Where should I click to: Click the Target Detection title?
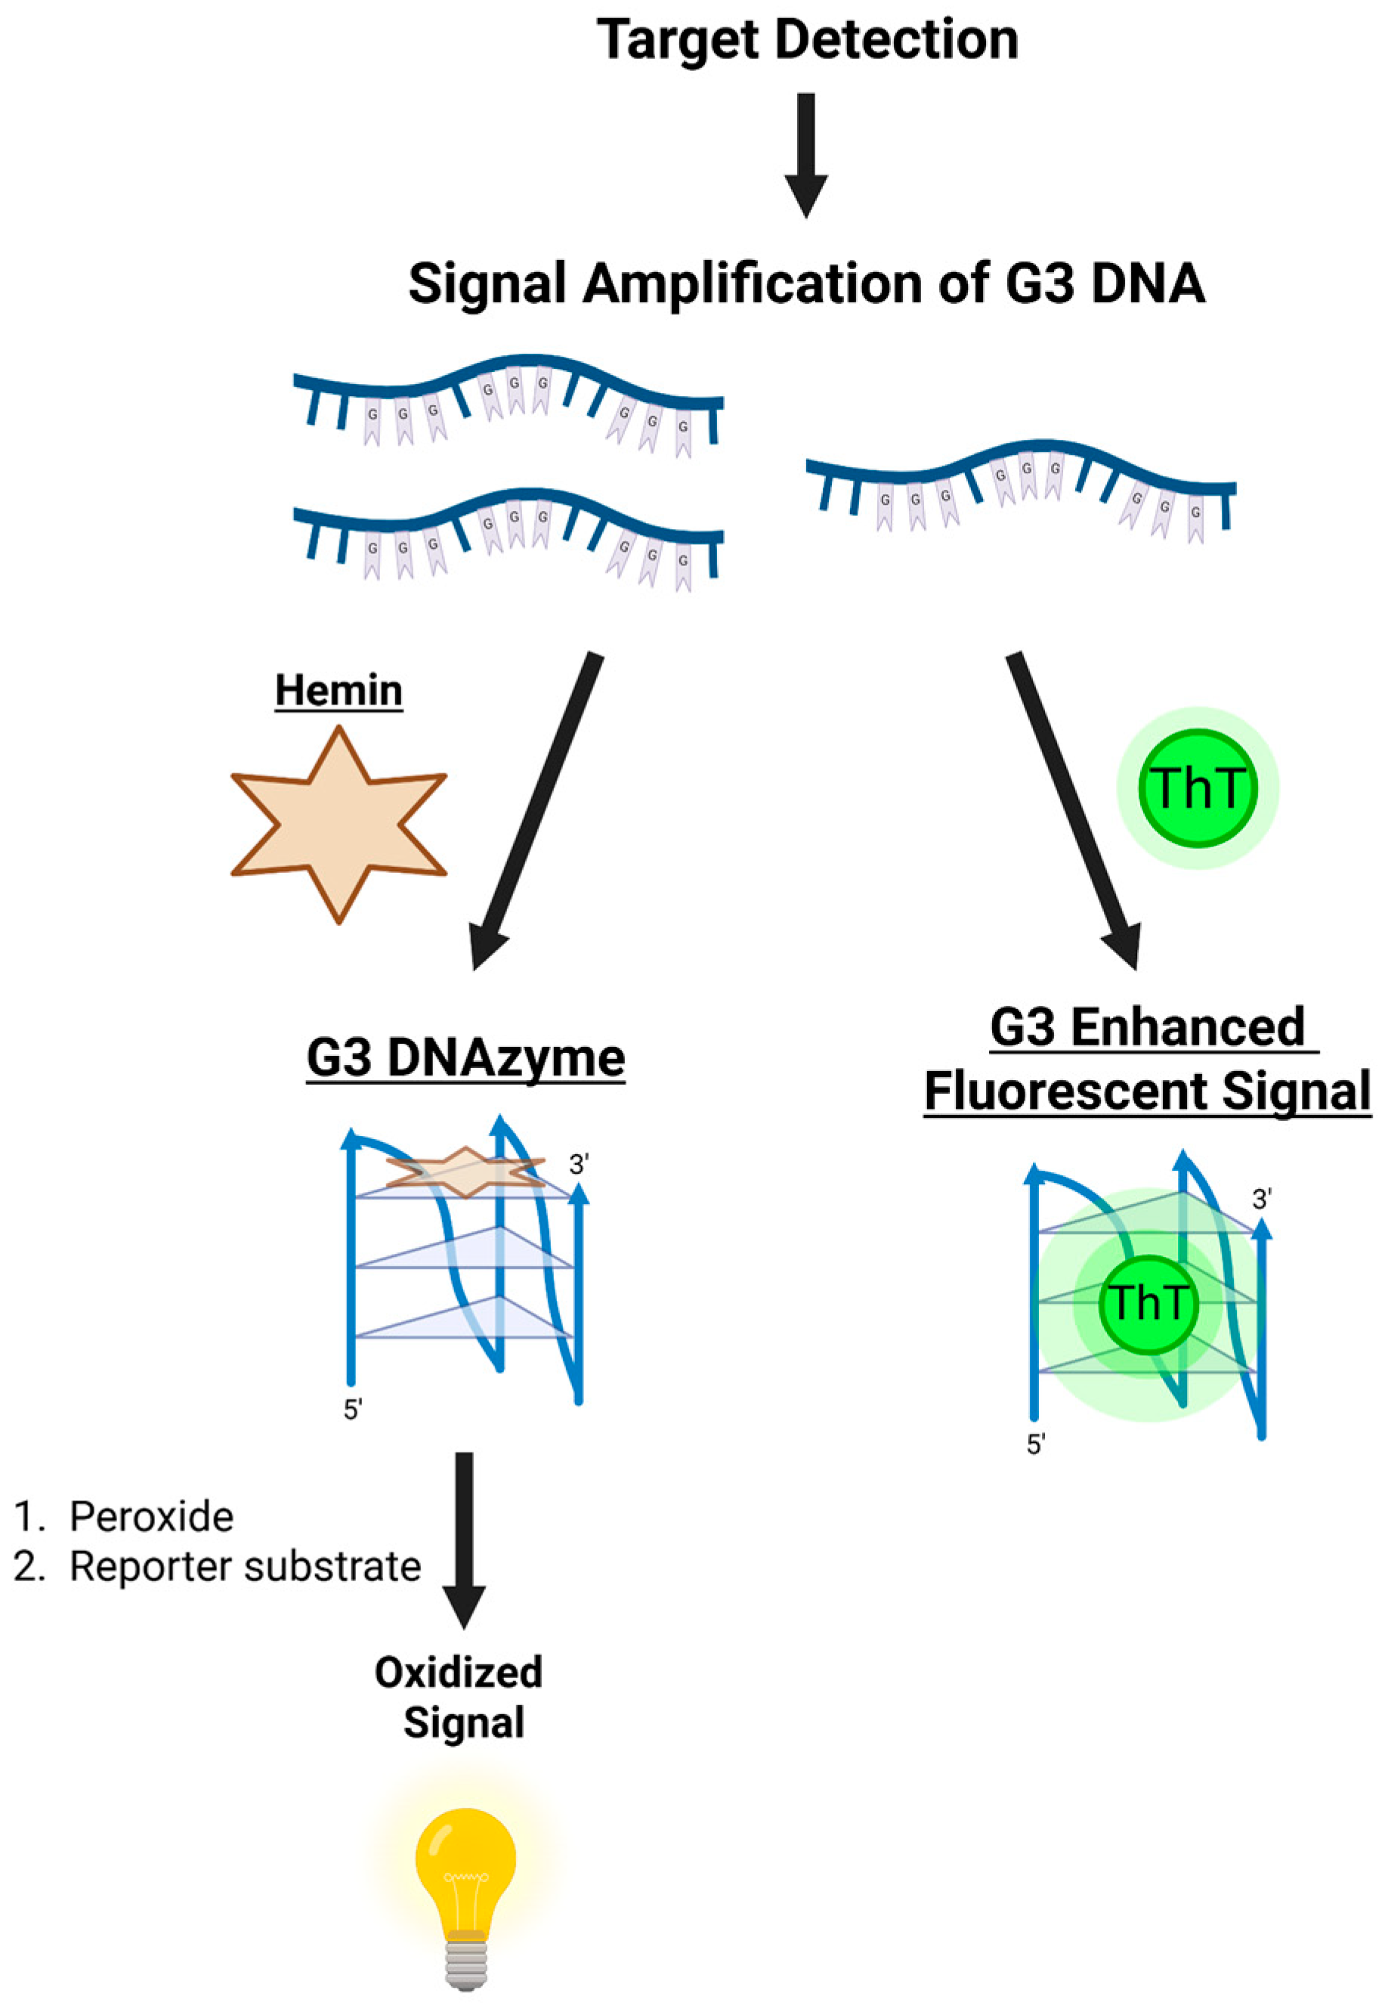pyautogui.click(x=807, y=40)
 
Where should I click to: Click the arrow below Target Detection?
pyautogui.click(x=806, y=152)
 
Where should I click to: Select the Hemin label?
pyautogui.click(x=338, y=691)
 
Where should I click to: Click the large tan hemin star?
pyautogui.click(x=338, y=824)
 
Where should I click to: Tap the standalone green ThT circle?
pyautogui.click(x=1198, y=788)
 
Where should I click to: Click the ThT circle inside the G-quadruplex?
pyautogui.click(x=1148, y=1303)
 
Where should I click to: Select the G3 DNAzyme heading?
pyautogui.click(x=465, y=1059)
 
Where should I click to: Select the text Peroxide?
pyautogui.click(x=151, y=1516)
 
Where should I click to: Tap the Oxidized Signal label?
pyautogui.click(x=460, y=1697)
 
